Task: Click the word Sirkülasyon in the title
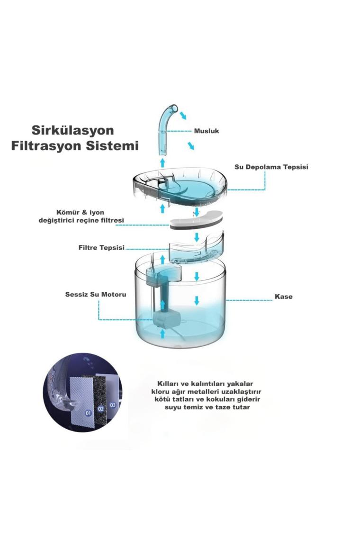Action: coord(72,130)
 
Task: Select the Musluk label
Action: coord(207,131)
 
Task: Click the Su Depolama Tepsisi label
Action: coord(271,167)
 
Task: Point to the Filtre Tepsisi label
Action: coord(101,248)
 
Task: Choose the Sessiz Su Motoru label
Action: coord(96,295)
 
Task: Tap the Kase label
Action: coord(284,297)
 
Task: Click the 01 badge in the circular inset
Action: coord(88,413)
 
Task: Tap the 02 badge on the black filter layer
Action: coord(100,409)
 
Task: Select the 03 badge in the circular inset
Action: coord(113,405)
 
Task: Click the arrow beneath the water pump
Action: coord(162,334)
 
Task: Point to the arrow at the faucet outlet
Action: coord(182,115)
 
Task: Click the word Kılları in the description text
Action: coord(169,384)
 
